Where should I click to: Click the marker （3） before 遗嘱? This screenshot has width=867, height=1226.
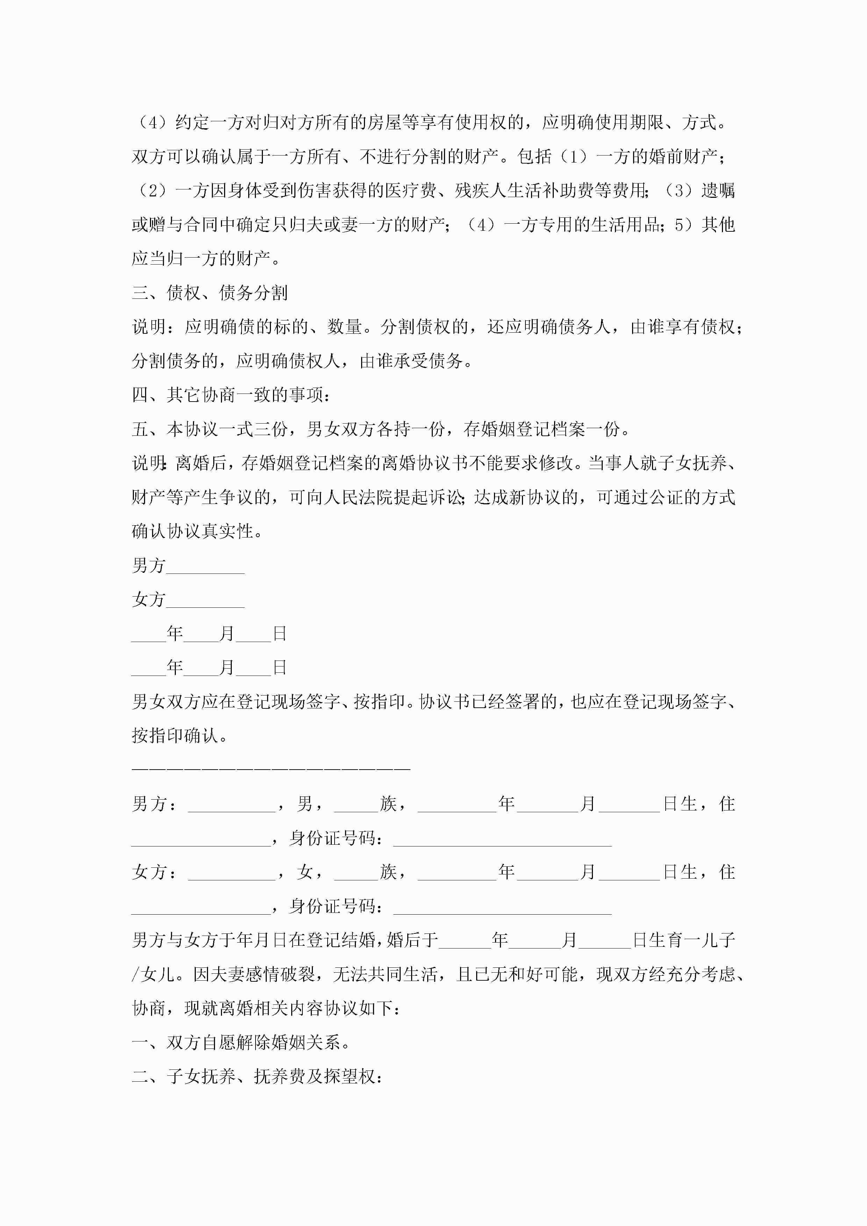[x=680, y=190]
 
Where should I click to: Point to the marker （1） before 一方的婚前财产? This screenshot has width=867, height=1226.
[x=574, y=157]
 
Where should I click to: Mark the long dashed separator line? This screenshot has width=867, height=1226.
[x=271, y=769]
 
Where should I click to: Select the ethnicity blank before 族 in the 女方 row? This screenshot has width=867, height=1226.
[x=356, y=872]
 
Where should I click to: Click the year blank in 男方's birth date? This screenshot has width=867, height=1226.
[x=457, y=803]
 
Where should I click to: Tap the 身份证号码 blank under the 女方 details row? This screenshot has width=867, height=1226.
[x=502, y=906]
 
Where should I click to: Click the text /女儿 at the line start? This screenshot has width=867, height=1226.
[x=153, y=974]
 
